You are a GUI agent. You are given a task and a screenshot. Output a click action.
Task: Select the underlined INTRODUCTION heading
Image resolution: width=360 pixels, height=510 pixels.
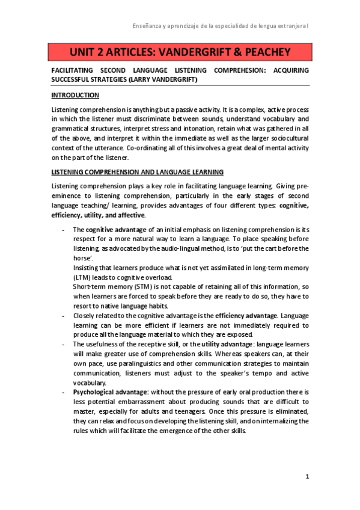point(75,96)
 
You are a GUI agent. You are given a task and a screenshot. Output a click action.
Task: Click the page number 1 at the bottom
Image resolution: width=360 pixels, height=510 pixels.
point(307,477)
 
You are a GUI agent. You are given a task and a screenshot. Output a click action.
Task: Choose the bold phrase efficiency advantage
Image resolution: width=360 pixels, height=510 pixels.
point(247,316)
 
